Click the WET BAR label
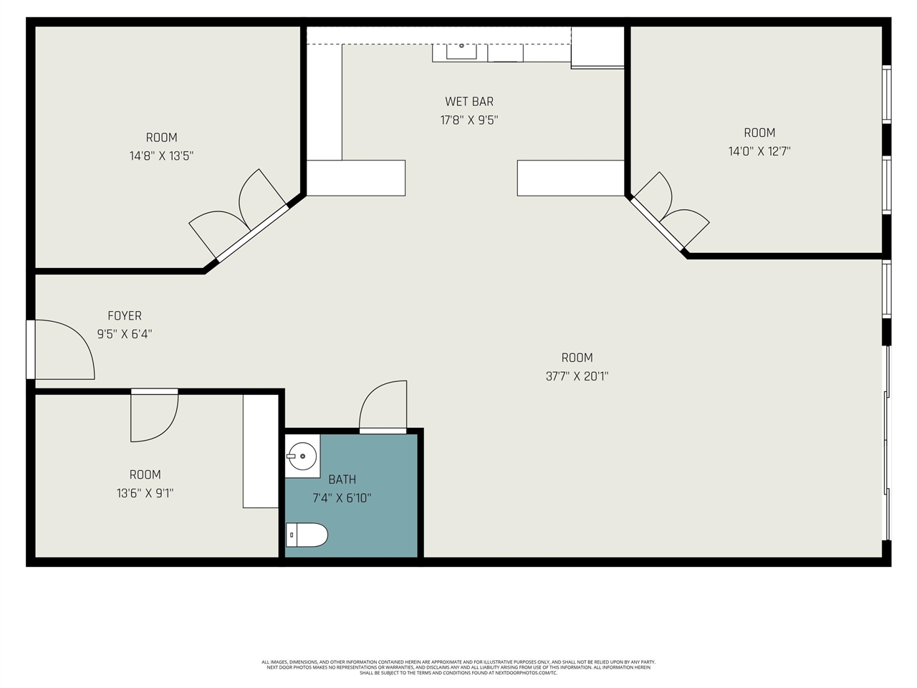click(469, 102)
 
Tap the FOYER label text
click(125, 315)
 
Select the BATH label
click(342, 479)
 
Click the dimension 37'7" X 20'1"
click(577, 376)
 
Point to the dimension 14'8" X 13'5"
click(161, 156)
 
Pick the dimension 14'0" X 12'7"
click(759, 151)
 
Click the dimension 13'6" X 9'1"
click(145, 493)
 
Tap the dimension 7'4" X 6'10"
click(342, 498)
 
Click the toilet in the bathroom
click(307, 535)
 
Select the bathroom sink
click(302, 455)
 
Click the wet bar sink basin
click(461, 50)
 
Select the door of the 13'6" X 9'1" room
click(153, 416)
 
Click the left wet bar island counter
click(356, 178)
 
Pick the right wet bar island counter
click(571, 178)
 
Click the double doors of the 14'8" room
click(240, 212)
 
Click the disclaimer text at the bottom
click(458, 667)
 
